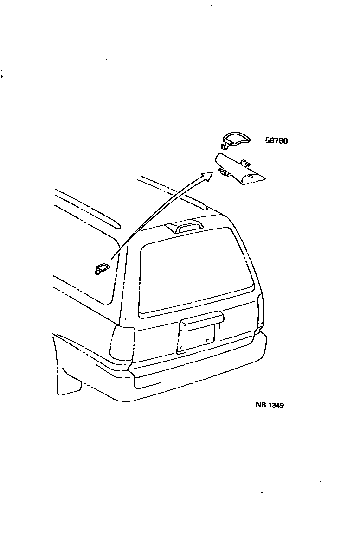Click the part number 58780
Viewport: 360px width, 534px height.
(276, 140)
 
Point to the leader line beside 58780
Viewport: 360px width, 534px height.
(257, 140)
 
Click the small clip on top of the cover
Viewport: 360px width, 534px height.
(245, 163)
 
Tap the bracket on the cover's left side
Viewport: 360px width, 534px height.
(223, 173)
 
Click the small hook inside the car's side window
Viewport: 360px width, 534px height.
(102, 268)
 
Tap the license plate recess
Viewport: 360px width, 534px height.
(196, 338)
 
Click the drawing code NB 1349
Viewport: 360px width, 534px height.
(270, 405)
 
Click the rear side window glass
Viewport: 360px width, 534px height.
(88, 260)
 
